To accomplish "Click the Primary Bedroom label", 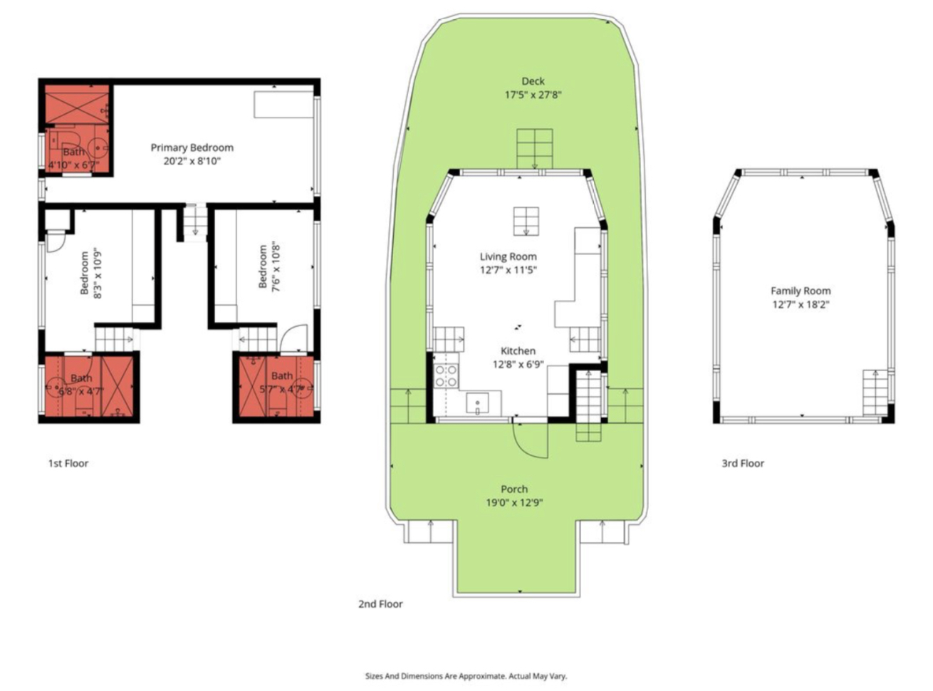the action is [x=192, y=147].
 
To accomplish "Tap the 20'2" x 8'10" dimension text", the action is [x=192, y=161].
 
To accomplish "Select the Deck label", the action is [x=533, y=81].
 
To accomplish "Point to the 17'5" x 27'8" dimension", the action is [x=533, y=95].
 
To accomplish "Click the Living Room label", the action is [x=508, y=256].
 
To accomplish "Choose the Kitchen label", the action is [x=518, y=351].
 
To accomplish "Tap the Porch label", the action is [x=514, y=489].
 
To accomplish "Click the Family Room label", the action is [x=801, y=291].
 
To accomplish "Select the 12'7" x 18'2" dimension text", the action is [x=801, y=304].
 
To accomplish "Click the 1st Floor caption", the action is [x=68, y=463].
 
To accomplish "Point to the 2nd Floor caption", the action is [x=380, y=604].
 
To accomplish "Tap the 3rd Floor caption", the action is [x=743, y=463].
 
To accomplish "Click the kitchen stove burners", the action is [x=446, y=376].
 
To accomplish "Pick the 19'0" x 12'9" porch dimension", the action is [x=514, y=502].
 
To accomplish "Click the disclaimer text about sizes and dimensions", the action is [x=466, y=676].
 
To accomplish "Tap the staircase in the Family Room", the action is [x=875, y=393].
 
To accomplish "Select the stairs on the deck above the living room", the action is [x=534, y=149].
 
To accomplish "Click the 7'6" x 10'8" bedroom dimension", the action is [x=275, y=267].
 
